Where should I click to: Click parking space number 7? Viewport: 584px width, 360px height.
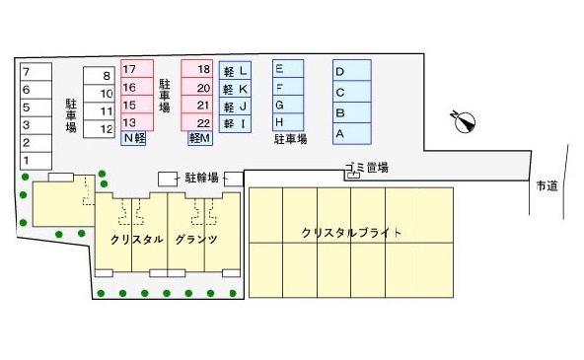(x=33, y=71)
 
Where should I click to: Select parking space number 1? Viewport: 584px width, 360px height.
(x=33, y=160)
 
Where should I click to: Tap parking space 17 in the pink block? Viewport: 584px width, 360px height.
(x=137, y=70)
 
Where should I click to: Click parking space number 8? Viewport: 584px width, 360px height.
(x=100, y=76)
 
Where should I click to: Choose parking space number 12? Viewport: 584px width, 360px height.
(x=100, y=129)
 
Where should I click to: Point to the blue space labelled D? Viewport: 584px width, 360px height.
(x=351, y=71)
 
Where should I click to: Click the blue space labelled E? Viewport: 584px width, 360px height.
(x=287, y=69)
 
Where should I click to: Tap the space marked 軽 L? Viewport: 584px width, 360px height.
(x=237, y=71)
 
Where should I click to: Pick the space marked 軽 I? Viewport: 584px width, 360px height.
(x=237, y=124)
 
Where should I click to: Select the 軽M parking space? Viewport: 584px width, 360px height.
(x=200, y=140)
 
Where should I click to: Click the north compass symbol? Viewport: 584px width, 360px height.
(x=464, y=121)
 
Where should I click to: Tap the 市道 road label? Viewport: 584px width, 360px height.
(x=547, y=185)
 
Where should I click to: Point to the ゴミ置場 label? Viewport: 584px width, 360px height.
(x=366, y=168)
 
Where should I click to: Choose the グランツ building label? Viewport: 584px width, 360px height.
(x=195, y=240)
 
